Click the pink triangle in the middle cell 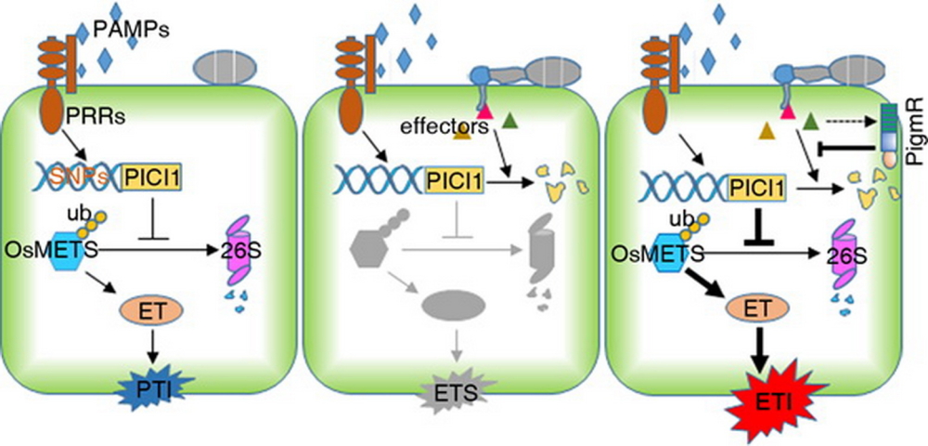484,113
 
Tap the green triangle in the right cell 811,119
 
